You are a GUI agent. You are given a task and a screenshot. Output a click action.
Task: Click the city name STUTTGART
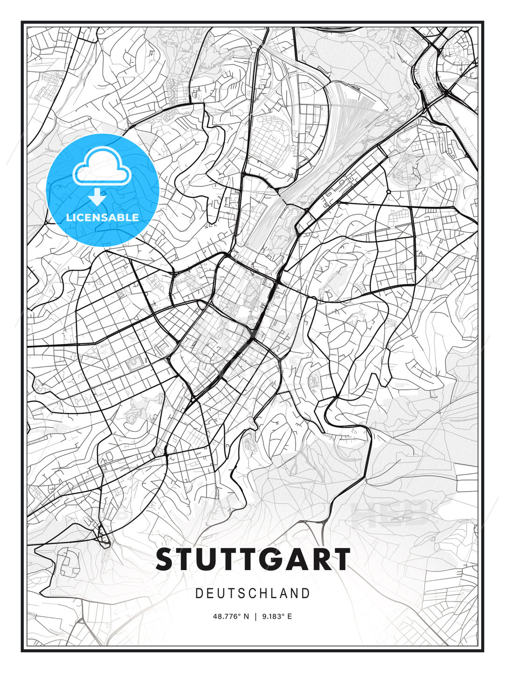(x=252, y=559)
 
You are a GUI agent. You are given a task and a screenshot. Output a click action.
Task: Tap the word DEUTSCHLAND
(x=252, y=594)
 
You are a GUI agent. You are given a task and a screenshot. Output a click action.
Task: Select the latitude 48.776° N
(x=231, y=616)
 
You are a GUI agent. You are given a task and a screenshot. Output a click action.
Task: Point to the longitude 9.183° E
(x=276, y=616)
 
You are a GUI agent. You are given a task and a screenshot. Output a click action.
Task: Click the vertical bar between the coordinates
(x=255, y=616)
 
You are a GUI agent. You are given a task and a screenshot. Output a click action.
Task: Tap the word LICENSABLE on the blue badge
(x=102, y=217)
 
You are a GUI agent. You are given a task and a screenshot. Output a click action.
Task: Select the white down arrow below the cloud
(x=97, y=197)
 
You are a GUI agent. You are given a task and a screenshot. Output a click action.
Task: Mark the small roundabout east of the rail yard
(x=389, y=192)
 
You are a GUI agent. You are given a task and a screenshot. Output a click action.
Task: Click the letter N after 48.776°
(x=246, y=616)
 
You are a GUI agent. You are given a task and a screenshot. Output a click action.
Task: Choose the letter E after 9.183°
(x=289, y=616)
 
